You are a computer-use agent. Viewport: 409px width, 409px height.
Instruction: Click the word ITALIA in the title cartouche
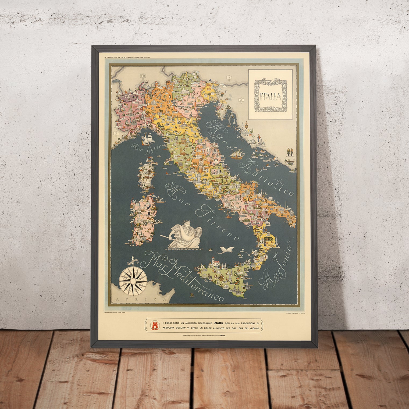click(x=271, y=96)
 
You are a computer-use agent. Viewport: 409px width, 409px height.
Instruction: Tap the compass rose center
click(x=133, y=280)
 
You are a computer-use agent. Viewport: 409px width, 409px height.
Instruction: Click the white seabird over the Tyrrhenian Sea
click(x=225, y=250)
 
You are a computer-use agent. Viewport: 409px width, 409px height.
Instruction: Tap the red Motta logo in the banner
click(x=155, y=325)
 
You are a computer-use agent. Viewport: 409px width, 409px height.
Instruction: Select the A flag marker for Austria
click(x=229, y=78)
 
